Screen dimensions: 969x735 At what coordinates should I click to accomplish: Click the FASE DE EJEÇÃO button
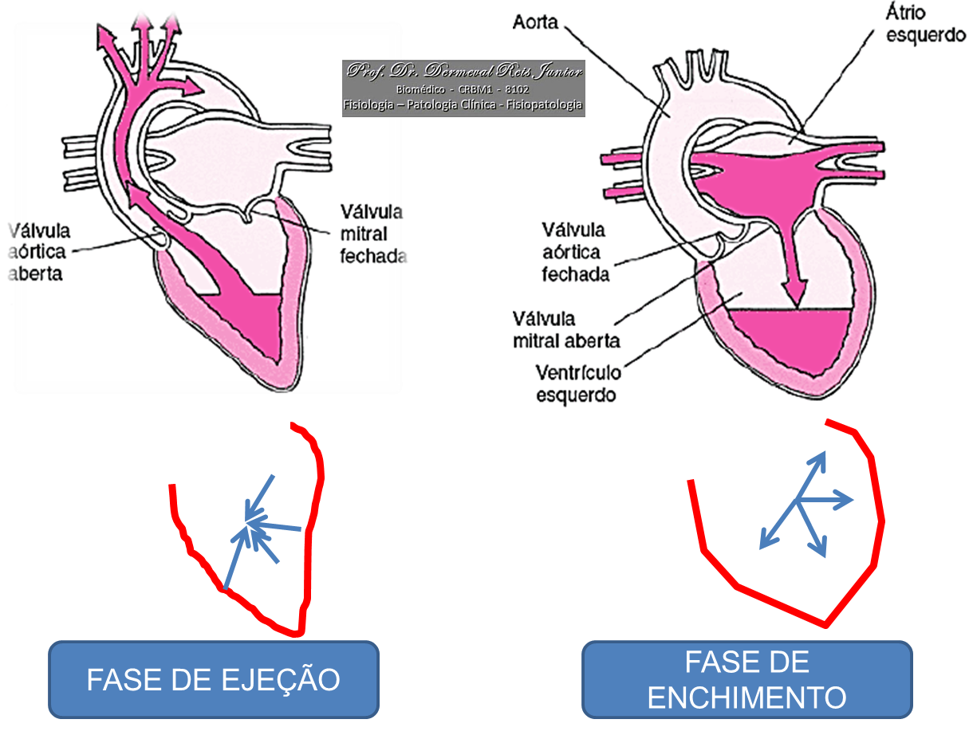point(213,680)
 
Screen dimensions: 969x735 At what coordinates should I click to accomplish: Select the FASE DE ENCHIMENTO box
point(746,680)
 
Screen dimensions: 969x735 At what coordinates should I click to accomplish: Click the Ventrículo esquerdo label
point(578,383)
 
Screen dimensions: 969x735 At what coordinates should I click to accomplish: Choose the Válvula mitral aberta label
point(567,329)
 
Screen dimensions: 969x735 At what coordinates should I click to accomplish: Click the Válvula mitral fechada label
point(373,234)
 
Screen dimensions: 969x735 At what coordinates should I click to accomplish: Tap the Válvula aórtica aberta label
point(39,252)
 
